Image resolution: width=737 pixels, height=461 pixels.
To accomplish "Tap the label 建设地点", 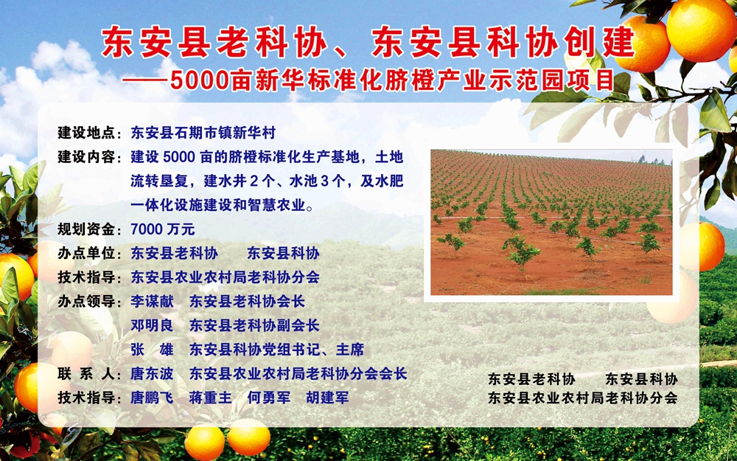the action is pos(86,133).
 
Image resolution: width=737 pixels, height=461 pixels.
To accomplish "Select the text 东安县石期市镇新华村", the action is pos(203,133).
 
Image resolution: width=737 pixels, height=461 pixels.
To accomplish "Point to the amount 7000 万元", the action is pos(163,229).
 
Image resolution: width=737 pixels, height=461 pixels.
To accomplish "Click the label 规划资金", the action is pos(86,229).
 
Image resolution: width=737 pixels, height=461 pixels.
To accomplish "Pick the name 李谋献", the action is pos(152,301).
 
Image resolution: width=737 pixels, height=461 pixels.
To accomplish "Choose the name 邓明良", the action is pos(152,325).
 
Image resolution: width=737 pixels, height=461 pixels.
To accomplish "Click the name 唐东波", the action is pos(152,374).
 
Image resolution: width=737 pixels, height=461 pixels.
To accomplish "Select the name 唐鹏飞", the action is pos(152,398).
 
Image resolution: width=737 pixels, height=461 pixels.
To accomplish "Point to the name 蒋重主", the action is pos(210,398).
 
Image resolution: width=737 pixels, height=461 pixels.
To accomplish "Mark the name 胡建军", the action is pos(327,398).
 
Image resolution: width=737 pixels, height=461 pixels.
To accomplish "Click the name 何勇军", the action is pos(269,398).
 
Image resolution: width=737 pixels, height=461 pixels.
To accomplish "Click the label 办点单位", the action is pos(86,254).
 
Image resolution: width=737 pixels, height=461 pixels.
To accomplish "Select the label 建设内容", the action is pos(86,157).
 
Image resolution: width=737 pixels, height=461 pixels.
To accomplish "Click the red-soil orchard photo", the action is pos(551,223).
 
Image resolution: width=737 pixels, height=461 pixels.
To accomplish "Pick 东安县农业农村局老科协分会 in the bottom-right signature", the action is pos(583,398).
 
